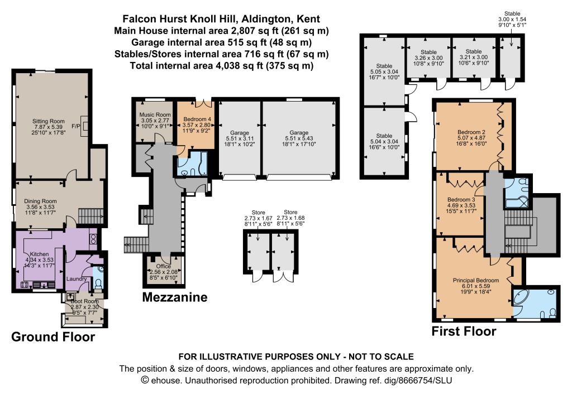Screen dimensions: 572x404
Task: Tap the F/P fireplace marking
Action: (x=76, y=126)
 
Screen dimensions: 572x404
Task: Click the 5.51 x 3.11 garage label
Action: (x=239, y=138)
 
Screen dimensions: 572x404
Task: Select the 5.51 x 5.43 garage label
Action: (x=299, y=138)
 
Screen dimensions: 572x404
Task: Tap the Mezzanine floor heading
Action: (x=175, y=297)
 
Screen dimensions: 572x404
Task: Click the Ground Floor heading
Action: (x=53, y=336)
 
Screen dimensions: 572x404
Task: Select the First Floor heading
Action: (x=464, y=331)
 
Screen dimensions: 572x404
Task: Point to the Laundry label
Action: (x=77, y=279)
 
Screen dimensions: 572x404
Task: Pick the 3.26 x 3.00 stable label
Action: (x=428, y=57)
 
